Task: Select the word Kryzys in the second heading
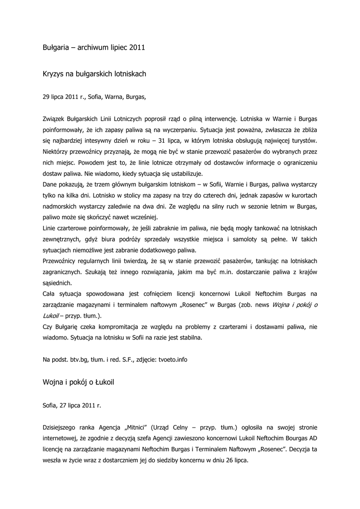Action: coord(54,74)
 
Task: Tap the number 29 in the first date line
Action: coord(47,97)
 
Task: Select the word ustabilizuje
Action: coord(185,173)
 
